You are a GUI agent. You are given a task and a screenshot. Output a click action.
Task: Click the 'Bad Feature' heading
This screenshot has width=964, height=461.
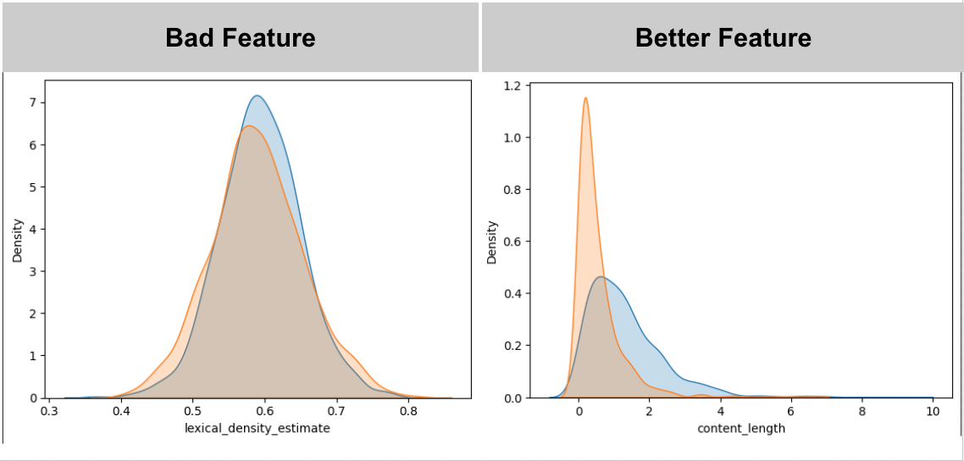[241, 38]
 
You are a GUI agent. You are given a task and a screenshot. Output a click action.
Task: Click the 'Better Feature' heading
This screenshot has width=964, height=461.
[723, 38]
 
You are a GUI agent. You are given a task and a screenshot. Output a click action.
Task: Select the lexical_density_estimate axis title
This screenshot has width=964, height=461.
[258, 429]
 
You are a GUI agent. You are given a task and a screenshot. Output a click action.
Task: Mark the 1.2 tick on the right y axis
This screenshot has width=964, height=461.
[511, 86]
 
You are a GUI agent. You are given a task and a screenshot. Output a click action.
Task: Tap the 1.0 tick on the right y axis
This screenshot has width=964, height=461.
[511, 137]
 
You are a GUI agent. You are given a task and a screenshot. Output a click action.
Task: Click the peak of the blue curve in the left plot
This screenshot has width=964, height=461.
[257, 96]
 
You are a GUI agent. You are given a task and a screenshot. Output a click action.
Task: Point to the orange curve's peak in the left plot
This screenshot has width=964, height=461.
[247, 126]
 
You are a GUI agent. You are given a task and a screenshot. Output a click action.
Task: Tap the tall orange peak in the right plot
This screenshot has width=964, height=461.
[585, 97]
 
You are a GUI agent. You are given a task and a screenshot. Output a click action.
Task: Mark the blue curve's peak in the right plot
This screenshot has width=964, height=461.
[601, 276]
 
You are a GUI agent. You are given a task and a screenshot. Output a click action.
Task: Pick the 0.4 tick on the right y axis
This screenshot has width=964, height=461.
[511, 293]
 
